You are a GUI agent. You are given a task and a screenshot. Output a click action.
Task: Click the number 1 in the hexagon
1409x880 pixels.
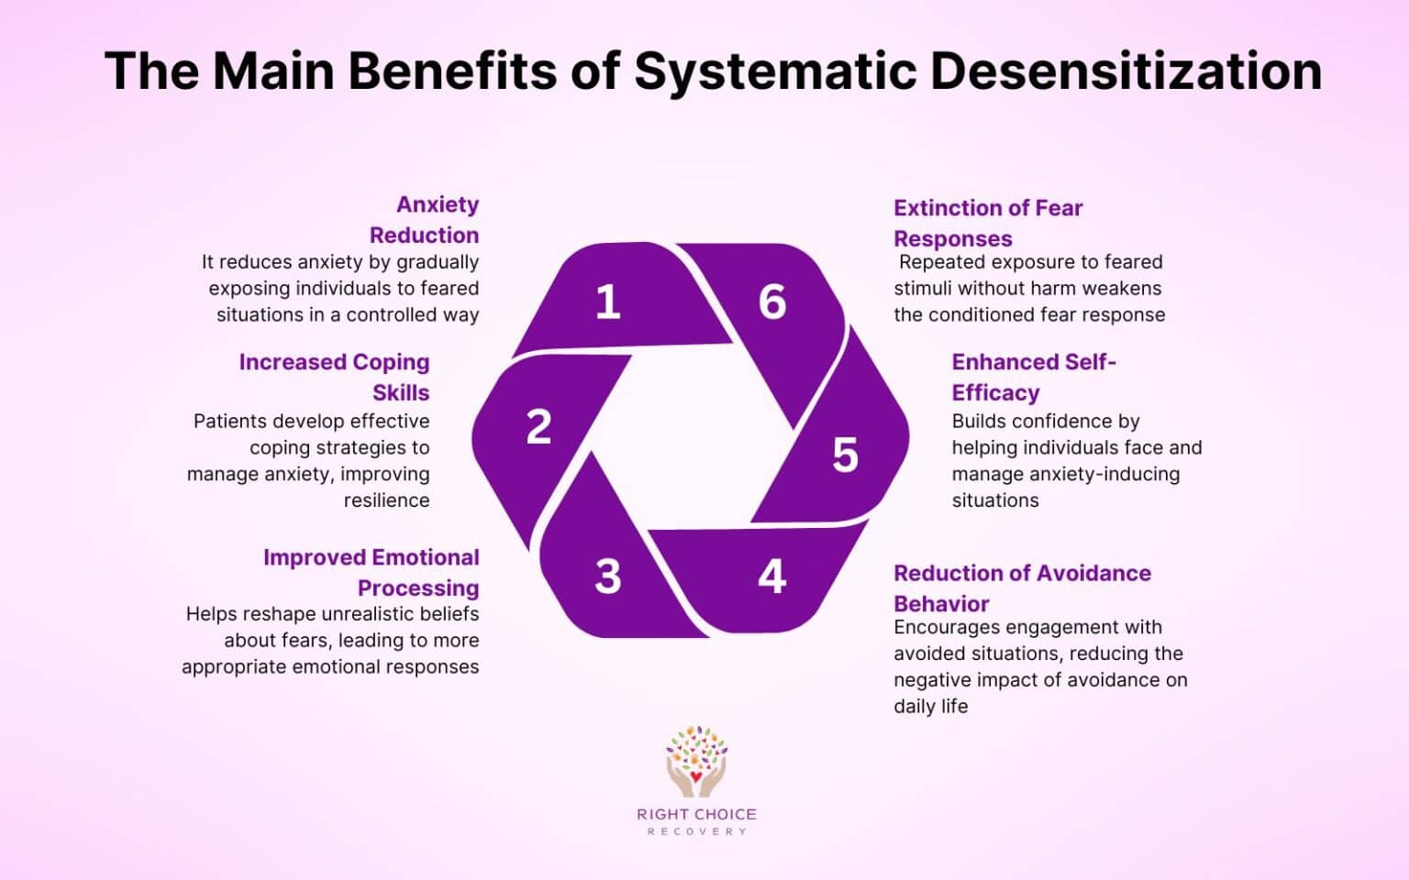click(607, 302)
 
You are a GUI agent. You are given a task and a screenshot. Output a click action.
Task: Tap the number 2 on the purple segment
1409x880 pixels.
click(538, 427)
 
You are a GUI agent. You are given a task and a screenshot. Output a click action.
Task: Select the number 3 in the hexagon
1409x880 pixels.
click(607, 577)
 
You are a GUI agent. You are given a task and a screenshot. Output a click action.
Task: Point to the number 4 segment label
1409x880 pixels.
click(771, 577)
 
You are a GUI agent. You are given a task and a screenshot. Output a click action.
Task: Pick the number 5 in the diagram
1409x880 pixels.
click(845, 456)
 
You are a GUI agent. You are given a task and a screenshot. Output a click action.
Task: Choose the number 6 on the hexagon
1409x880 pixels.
click(772, 302)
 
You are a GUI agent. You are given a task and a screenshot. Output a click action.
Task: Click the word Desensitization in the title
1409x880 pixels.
click(1126, 71)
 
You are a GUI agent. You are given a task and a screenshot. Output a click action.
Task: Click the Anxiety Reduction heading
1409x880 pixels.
click(425, 219)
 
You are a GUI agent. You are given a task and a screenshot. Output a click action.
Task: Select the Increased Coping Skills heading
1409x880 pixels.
click(335, 377)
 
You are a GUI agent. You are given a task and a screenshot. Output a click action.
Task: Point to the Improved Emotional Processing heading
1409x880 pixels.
click(372, 572)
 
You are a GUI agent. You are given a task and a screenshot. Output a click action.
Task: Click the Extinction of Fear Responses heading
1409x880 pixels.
click(988, 223)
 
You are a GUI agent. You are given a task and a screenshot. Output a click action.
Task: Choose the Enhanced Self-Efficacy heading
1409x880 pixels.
click(1033, 377)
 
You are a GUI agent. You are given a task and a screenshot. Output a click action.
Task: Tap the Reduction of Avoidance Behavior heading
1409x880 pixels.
click(1022, 588)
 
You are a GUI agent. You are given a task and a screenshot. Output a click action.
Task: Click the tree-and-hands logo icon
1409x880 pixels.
click(696, 760)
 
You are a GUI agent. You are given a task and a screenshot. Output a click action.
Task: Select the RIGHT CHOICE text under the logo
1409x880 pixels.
click(696, 814)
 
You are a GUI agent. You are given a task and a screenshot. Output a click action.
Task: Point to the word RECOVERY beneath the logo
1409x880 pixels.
click(696, 831)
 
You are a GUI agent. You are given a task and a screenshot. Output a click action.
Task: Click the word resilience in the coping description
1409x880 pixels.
click(386, 500)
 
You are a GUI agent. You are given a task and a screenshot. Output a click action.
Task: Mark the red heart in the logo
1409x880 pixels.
click(696, 778)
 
